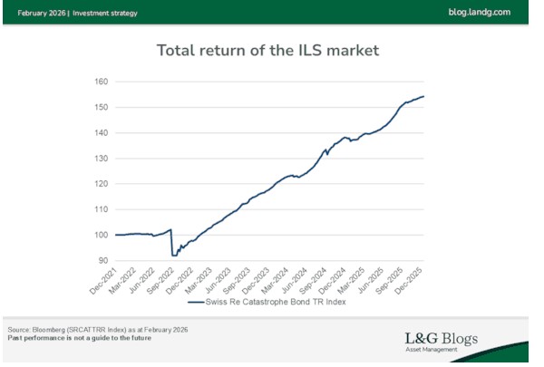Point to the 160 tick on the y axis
[x=101, y=82]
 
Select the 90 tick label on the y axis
[x=103, y=261]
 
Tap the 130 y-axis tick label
[x=101, y=159]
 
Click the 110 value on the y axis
[x=101, y=209]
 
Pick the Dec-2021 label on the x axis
[x=104, y=283]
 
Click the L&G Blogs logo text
[x=441, y=340]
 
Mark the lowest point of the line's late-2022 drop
[x=174, y=256]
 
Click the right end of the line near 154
[x=423, y=97]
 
